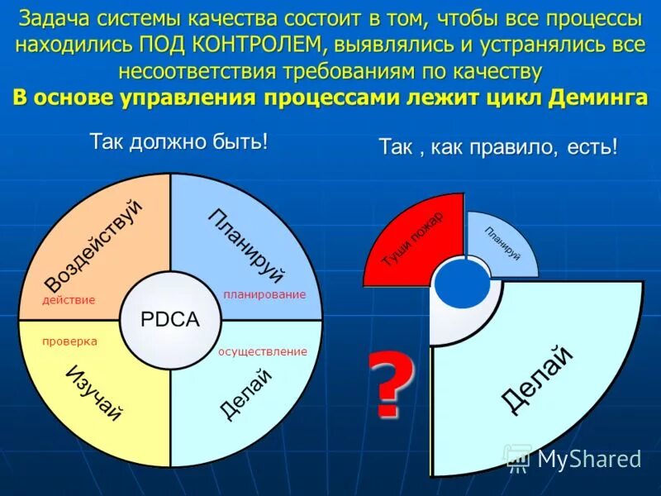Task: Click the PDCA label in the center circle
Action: pyautogui.click(x=170, y=320)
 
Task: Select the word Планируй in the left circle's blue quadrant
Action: pyautogui.click(x=245, y=246)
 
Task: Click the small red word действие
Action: pyautogui.click(x=69, y=300)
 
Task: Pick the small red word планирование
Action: pyautogui.click(x=264, y=294)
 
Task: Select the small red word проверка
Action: pyautogui.click(x=69, y=341)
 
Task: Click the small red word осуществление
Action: pyautogui.click(x=263, y=351)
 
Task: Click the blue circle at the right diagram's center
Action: pyautogui.click(x=463, y=284)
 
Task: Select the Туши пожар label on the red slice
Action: pyautogui.click(x=412, y=239)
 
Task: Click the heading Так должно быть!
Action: pyautogui.click(x=178, y=141)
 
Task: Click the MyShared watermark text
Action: pyautogui.click(x=589, y=458)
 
